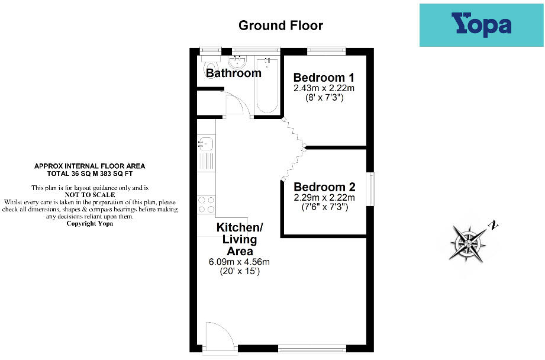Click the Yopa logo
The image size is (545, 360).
tap(481, 25)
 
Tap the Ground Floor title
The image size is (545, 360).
tap(280, 25)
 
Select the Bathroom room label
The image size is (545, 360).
tap(234, 73)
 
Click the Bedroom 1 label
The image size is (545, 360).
tap(324, 78)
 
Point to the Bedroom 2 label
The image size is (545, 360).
tap(324, 187)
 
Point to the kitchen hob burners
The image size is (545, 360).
tap(207, 204)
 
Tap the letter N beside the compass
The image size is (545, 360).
tap(492, 225)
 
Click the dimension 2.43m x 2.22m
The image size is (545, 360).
tap(324, 88)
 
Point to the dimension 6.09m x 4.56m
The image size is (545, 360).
tap(240, 262)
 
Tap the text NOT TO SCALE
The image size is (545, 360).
tap(89, 194)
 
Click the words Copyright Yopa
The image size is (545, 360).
tap(89, 224)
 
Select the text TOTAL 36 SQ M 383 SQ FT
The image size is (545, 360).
tap(89, 174)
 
